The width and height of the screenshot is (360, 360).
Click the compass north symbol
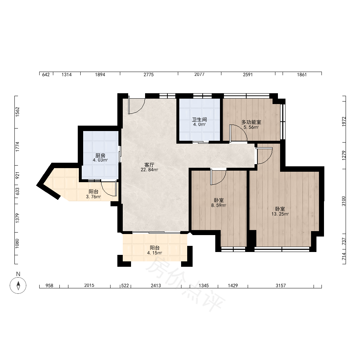point(18,285)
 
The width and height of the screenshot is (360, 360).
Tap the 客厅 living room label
point(149,165)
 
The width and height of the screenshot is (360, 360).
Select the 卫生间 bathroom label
point(199,120)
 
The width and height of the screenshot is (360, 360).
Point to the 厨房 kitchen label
point(100,156)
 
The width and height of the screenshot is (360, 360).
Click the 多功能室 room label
point(251,122)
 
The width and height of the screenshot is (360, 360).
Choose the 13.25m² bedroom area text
point(280,214)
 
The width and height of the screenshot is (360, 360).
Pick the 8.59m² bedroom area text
point(219,206)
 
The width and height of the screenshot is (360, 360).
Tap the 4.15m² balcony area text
point(155,253)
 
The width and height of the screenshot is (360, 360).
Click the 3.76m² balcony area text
point(94,197)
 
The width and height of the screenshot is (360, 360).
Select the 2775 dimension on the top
point(149,75)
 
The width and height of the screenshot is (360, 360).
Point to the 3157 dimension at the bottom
point(280,285)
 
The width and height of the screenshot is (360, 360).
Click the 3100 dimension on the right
point(344,201)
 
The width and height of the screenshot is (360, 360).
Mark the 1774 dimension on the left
point(17,147)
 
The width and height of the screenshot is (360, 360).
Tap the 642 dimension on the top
point(46,75)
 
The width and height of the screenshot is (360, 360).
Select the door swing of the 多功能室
point(238,133)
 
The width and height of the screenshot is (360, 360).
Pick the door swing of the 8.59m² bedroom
point(219,176)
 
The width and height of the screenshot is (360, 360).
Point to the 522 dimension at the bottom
point(125,285)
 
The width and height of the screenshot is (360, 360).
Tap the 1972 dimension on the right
point(344,121)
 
